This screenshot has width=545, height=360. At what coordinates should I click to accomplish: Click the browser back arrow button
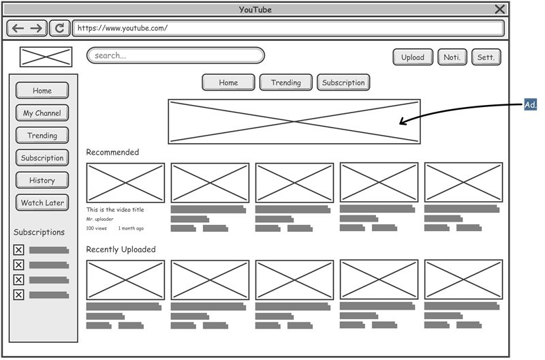(x=18, y=28)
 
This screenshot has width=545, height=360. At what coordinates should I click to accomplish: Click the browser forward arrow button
(x=37, y=28)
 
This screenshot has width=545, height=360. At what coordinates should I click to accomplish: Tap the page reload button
(x=60, y=28)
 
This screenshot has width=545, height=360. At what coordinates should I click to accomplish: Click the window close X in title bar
(x=500, y=9)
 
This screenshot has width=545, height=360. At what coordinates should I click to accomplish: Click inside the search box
(x=175, y=55)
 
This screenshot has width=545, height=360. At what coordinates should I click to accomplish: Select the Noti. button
(x=452, y=57)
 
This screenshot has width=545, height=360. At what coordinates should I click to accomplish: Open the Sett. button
(x=486, y=57)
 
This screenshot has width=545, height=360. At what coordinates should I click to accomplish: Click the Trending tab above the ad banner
(x=285, y=82)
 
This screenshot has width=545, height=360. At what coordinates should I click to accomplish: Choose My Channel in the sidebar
(x=42, y=113)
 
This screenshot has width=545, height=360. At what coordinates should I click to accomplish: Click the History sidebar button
(x=42, y=181)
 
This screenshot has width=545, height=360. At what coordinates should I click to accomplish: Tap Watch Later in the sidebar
(x=42, y=203)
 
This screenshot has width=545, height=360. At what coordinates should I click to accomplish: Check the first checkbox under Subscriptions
(x=19, y=250)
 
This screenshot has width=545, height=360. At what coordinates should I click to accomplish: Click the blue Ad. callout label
(x=531, y=105)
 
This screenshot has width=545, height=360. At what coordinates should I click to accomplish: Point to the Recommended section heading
(x=112, y=152)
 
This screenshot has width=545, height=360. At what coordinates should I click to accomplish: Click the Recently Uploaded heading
(x=121, y=250)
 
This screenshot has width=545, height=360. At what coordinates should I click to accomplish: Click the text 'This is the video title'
(x=115, y=210)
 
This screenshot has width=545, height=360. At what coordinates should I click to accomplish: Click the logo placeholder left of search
(x=46, y=57)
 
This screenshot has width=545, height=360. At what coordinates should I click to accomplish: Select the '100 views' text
(x=96, y=228)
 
